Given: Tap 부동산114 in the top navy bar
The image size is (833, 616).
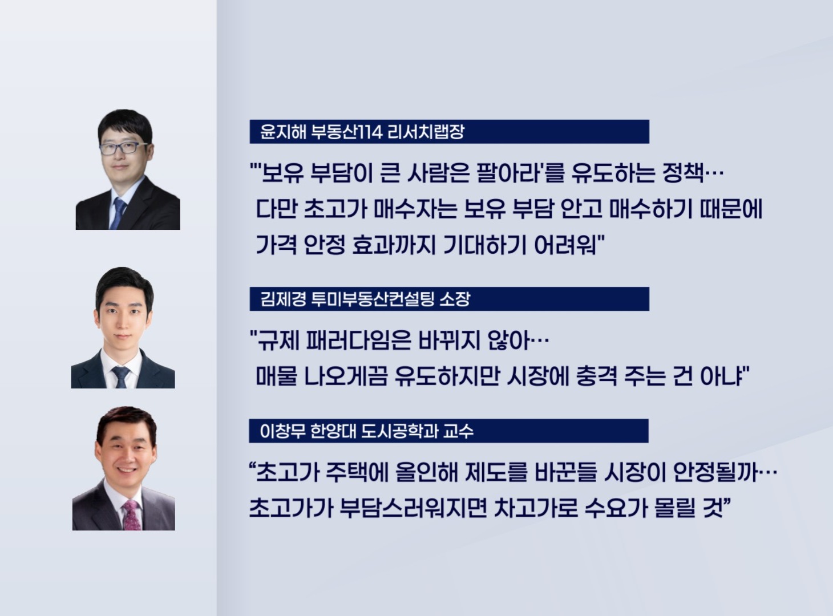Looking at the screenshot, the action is (x=347, y=132).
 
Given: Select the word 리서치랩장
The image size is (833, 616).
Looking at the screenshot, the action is (x=426, y=132).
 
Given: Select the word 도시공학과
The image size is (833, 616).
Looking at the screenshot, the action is (x=399, y=431).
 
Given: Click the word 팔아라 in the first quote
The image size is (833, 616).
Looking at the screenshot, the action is (x=508, y=173).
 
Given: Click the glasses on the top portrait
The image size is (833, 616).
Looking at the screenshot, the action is (x=124, y=148).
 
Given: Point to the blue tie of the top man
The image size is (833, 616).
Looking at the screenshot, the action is (x=118, y=213).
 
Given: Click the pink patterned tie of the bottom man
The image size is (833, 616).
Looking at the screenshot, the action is (x=131, y=514).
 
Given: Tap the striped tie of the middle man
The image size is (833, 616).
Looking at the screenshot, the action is (x=121, y=377).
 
